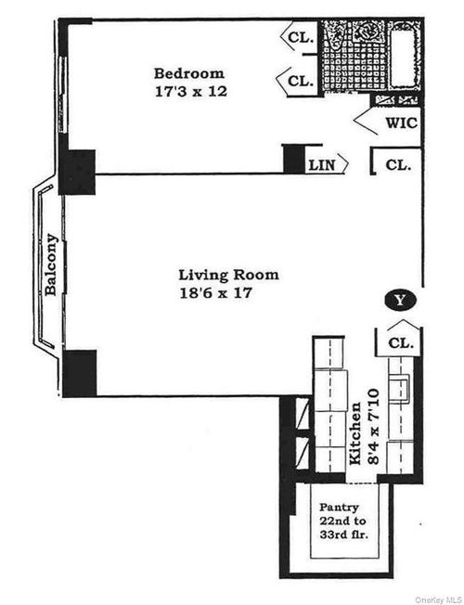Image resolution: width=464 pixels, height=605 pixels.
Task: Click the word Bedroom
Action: [x=190, y=73]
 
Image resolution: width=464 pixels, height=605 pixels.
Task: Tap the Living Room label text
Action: [x=228, y=275]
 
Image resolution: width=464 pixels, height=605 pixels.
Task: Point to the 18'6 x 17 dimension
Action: [x=216, y=292]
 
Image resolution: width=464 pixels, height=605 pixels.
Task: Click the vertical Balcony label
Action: [x=52, y=264]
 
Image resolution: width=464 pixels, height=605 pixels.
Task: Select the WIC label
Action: [x=401, y=122]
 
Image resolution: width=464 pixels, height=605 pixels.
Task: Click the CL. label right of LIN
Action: [x=398, y=165]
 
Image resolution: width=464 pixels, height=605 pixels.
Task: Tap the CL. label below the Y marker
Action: [x=400, y=342]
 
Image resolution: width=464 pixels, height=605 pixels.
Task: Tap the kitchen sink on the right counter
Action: [x=402, y=388]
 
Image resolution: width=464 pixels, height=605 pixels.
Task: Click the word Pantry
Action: [x=339, y=508]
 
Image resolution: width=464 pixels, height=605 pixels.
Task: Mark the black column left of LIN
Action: [x=294, y=158]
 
